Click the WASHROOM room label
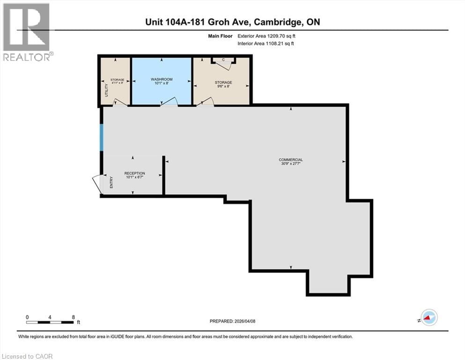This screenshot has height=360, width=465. click(162, 79)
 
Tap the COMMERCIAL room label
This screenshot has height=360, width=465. click(291, 160)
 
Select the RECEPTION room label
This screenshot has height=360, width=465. click(134, 173)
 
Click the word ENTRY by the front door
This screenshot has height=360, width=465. click(111, 182)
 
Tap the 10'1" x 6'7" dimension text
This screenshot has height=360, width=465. click(134, 178)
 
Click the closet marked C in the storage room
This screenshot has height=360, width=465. click(223, 60)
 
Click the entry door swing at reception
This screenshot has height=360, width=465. click(97, 183)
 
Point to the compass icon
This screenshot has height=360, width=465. click(429, 318)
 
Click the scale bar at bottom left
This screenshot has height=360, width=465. click(50, 322)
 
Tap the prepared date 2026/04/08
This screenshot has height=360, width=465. click(233, 321)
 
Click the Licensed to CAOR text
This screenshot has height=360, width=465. click(28, 356)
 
